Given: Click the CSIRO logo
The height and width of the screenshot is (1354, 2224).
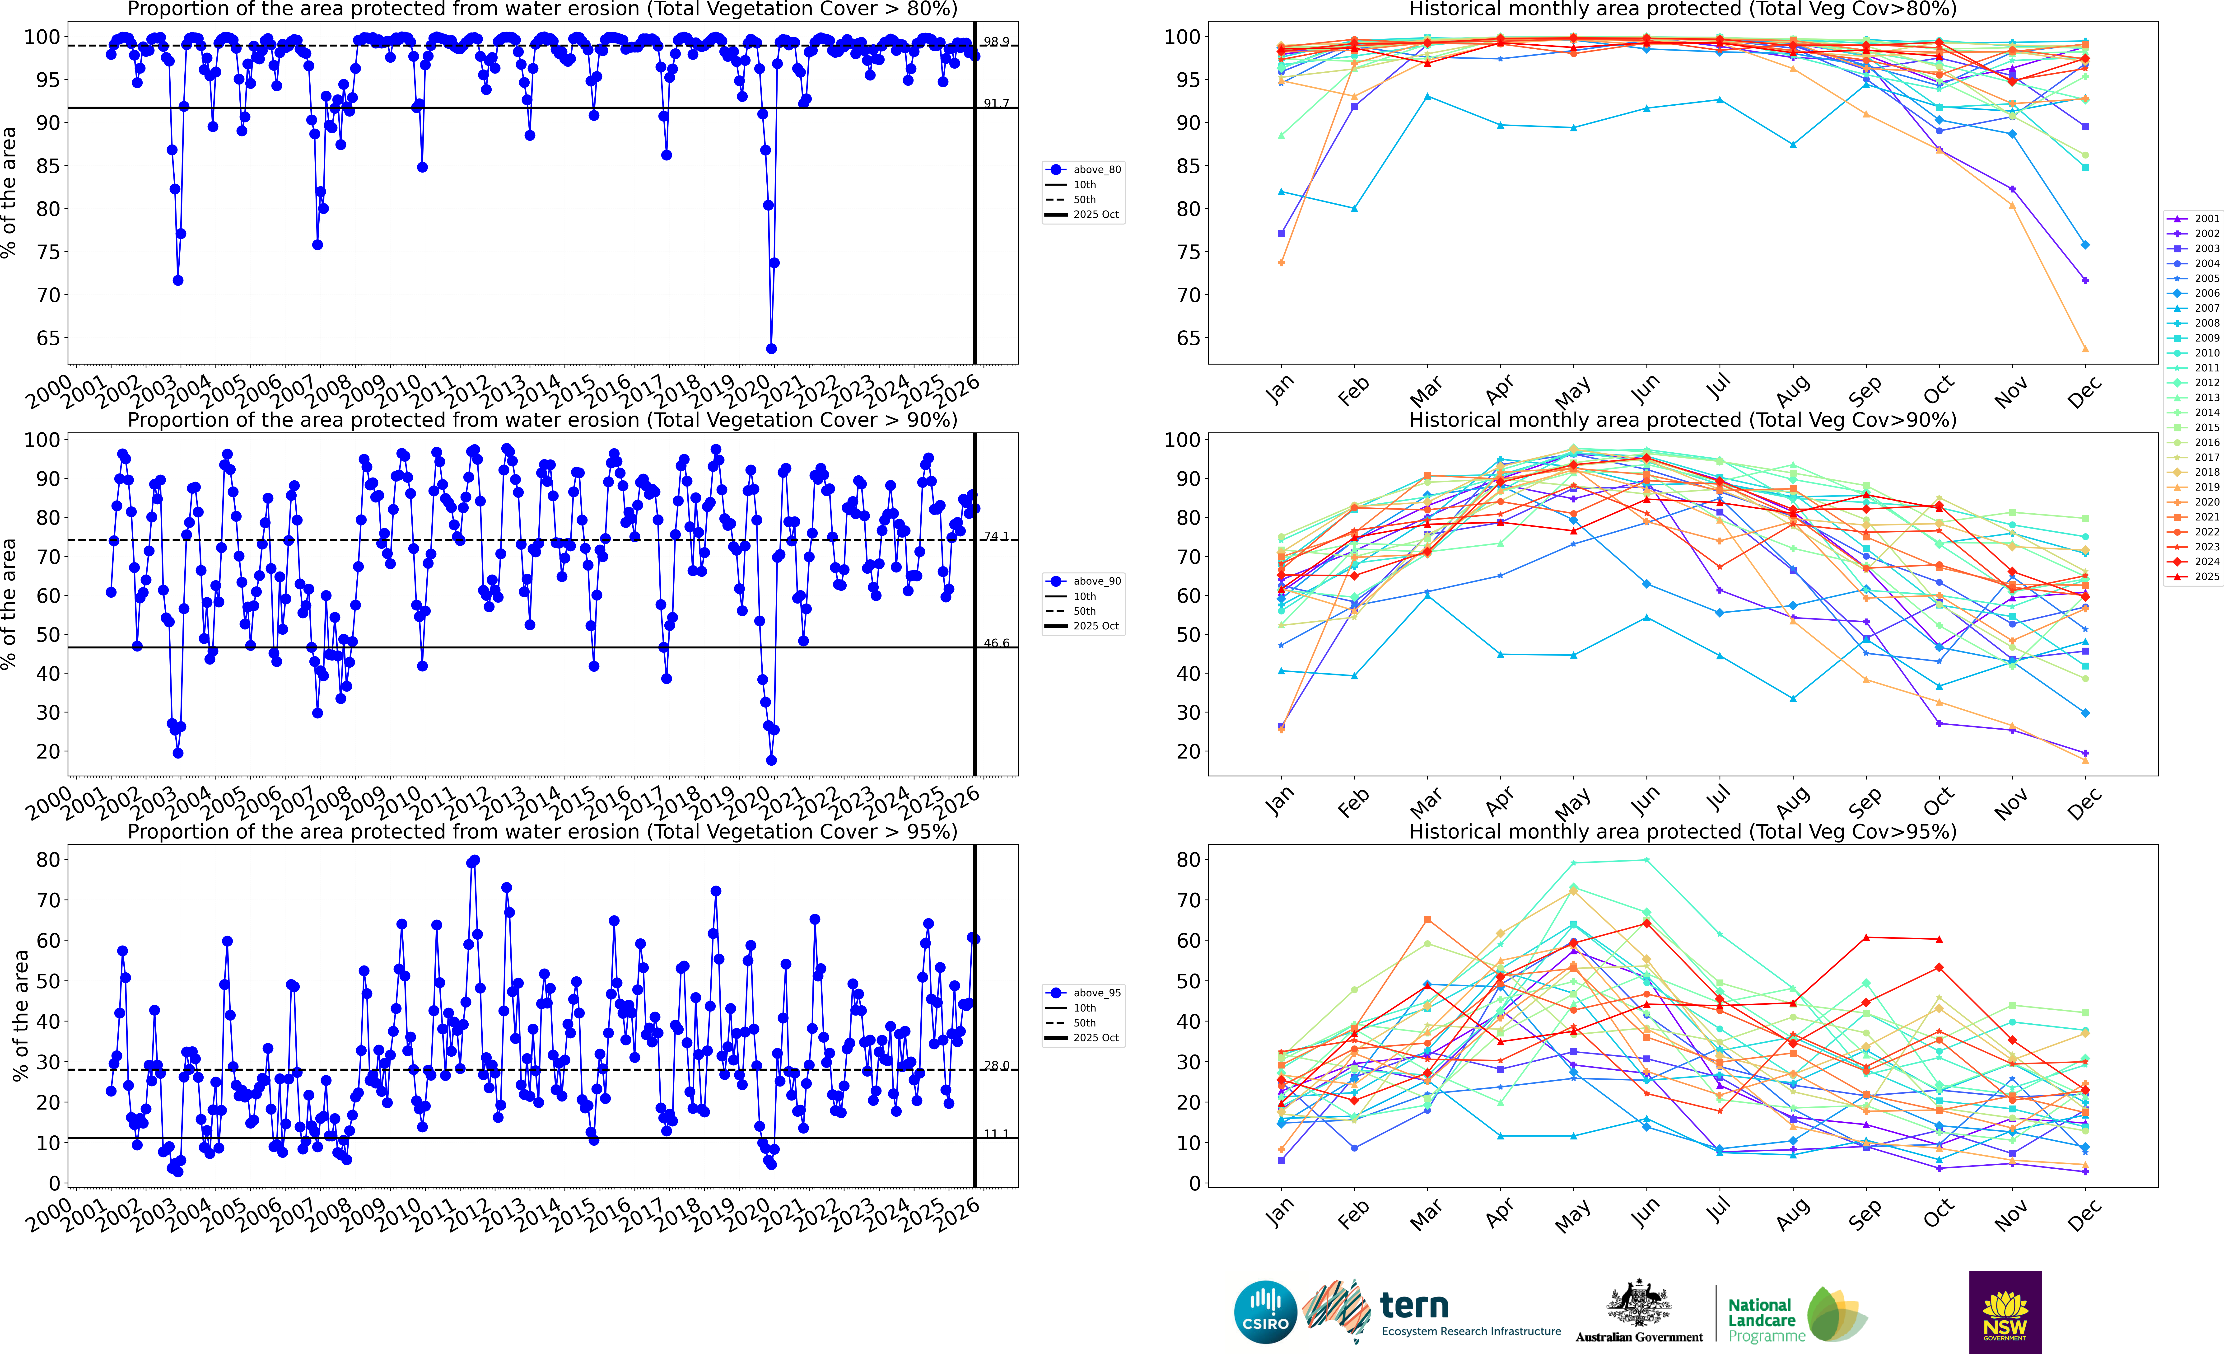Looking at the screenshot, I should (1265, 1312).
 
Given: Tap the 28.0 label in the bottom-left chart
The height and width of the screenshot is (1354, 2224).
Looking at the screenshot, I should (997, 1066).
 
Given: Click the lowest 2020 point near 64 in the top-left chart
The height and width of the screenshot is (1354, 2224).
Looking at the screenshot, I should (771, 348).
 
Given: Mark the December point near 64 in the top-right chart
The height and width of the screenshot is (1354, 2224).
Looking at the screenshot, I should (2085, 348).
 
